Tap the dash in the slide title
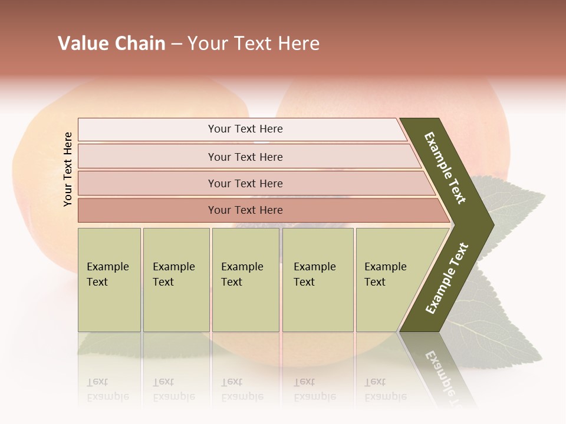tap(176, 44)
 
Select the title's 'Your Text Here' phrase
tap(254, 44)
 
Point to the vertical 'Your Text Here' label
tap(68, 169)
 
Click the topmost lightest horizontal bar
tap(245, 129)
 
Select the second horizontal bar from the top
tap(245, 157)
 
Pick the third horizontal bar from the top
tap(245, 183)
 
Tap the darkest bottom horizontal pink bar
tap(245, 210)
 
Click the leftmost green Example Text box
tap(109, 280)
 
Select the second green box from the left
tap(176, 280)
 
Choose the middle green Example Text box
tap(245, 280)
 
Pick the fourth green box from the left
tap(318, 280)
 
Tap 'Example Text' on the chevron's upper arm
tap(445, 167)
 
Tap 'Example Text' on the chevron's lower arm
tap(447, 279)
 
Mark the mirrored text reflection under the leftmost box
tap(108, 389)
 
